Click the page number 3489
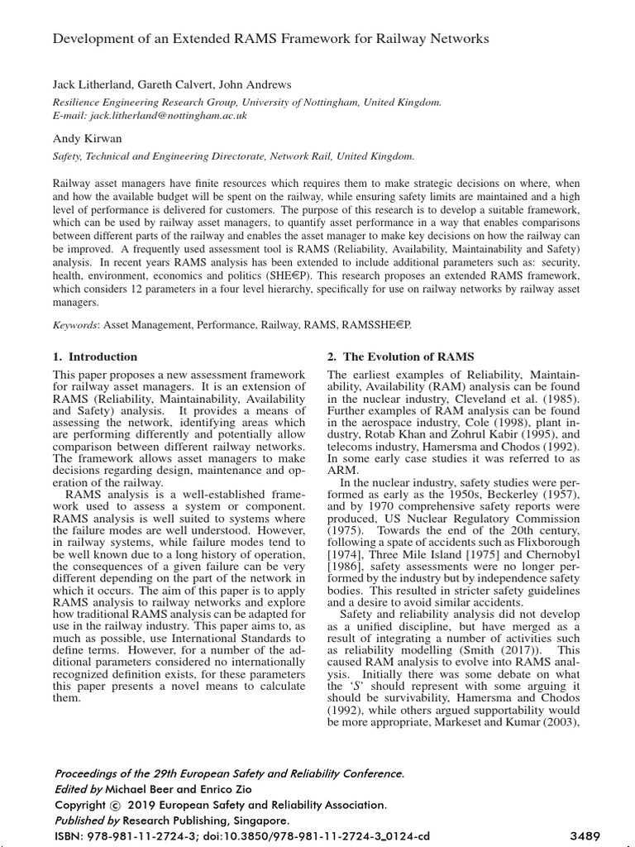pyautogui.click(x=584, y=835)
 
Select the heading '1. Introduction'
pyautogui.click(x=95, y=357)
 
